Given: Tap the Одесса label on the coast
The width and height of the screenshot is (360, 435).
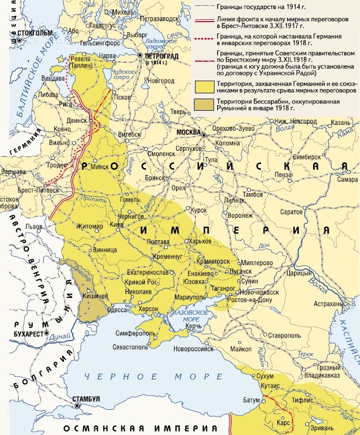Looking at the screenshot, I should coord(118,311).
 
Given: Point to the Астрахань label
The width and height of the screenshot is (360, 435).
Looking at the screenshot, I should coord(328,304).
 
